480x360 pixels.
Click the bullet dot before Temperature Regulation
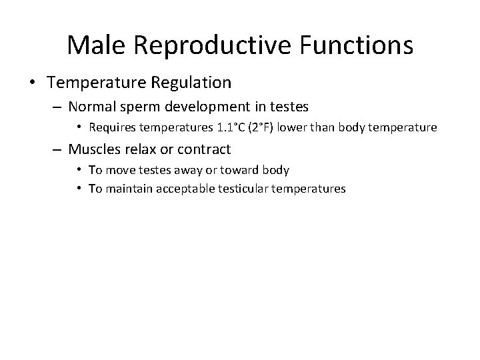(32, 83)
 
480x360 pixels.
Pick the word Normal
(91, 105)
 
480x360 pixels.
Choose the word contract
(205, 149)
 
